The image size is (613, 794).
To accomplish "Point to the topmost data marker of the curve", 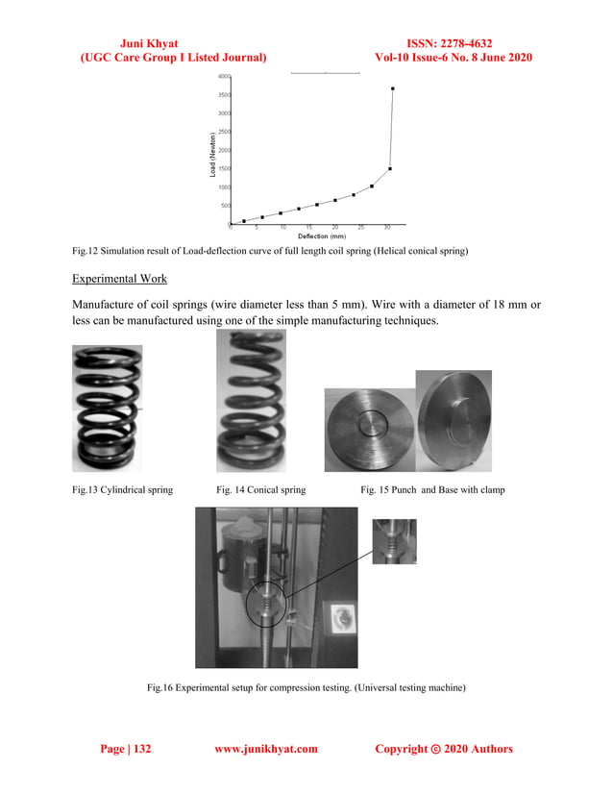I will tap(392, 88).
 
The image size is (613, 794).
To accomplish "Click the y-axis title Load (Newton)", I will tap(212, 153).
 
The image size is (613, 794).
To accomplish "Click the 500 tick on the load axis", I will tap(223, 205).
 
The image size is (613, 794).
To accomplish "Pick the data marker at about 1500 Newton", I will tap(389, 169).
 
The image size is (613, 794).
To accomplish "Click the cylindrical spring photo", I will tap(107, 409).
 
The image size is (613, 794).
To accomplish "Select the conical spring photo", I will tap(251, 401).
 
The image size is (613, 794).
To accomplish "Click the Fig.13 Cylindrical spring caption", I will tap(123, 490).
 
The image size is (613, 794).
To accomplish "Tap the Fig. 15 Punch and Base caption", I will tap(432, 490).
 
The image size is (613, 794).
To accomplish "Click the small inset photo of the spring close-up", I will tap(394, 541).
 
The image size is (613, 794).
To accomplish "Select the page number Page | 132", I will tap(126, 749).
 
